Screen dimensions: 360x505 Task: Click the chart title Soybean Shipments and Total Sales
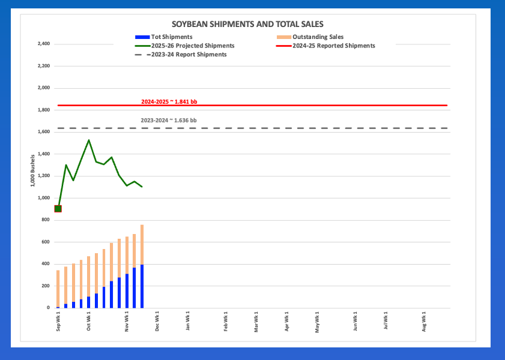[247, 25]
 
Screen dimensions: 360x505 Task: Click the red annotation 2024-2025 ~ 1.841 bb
[169, 101]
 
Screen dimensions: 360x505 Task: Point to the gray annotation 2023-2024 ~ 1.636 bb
[169, 121]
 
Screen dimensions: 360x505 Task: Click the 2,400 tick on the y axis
[43, 44]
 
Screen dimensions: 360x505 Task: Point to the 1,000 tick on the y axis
[43, 198]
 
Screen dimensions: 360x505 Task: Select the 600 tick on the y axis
[45, 242]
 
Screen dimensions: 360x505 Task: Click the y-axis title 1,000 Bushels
[33, 171]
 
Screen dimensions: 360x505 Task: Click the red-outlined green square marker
[58, 209]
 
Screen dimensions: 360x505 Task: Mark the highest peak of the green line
[89, 140]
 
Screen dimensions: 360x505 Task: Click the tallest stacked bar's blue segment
[142, 286]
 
